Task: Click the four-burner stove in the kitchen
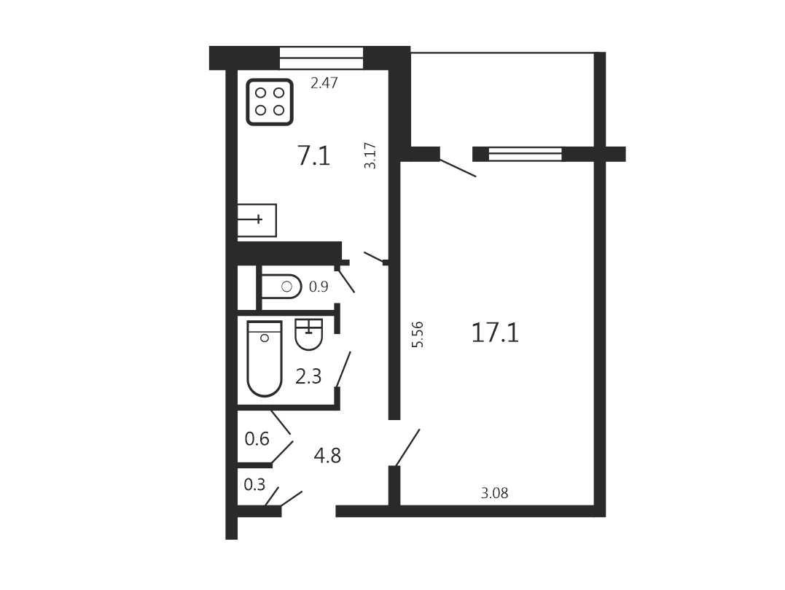point(270,101)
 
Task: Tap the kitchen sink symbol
point(257,220)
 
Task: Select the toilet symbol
point(281,287)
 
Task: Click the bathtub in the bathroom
point(265,359)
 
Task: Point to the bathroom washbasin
point(309,334)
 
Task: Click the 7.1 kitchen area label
point(314,155)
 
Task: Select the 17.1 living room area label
point(495,333)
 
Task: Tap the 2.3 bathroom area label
point(308,376)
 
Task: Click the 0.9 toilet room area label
point(319,287)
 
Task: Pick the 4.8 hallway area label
point(327,456)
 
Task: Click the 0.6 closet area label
point(257,439)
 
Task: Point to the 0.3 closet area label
point(254,484)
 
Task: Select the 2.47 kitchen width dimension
point(324,82)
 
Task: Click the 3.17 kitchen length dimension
point(370,156)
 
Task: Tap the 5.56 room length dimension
point(418,334)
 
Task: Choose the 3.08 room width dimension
point(495,493)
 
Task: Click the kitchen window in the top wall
point(321,58)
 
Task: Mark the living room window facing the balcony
point(526,154)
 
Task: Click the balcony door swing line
point(458,168)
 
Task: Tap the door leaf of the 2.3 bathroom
point(343,369)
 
